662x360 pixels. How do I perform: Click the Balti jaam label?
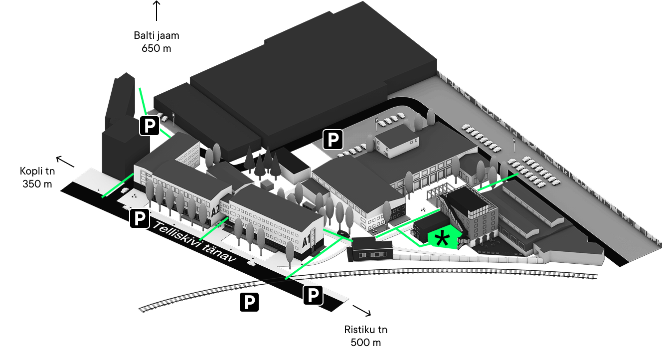click(x=157, y=35)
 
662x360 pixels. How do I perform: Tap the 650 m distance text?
click(x=157, y=48)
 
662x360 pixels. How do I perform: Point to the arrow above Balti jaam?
click(x=157, y=10)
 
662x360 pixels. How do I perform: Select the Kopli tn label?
click(x=37, y=171)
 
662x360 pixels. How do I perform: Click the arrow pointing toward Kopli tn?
click(x=65, y=162)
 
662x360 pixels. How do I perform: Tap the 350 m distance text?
click(x=37, y=184)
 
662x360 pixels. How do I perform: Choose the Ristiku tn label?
click(x=366, y=330)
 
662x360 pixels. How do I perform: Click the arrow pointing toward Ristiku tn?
click(x=362, y=311)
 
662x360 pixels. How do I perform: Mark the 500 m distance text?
click(x=366, y=343)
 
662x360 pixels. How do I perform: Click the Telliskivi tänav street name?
click(x=194, y=241)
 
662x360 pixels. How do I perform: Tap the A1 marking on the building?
click(x=307, y=240)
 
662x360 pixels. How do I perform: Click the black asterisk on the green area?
click(x=443, y=238)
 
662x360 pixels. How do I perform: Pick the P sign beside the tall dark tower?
click(x=150, y=126)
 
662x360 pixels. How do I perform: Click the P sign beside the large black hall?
click(x=333, y=139)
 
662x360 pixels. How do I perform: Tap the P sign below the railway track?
click(x=249, y=302)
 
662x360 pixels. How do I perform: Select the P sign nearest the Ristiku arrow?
click(x=313, y=295)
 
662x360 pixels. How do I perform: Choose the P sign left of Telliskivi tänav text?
click(x=140, y=218)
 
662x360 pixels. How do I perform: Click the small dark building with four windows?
click(x=370, y=250)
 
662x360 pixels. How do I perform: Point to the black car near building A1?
click(x=343, y=233)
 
